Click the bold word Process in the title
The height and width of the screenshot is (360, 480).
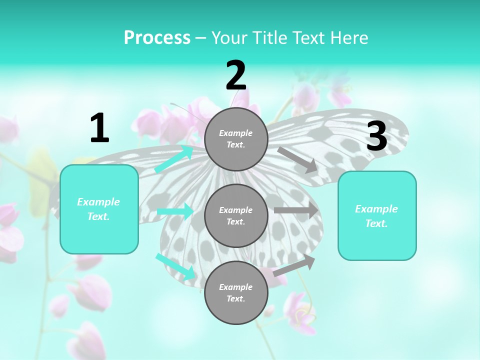pos(157,38)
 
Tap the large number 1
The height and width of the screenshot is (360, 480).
pos(99,128)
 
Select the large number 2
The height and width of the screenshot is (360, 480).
pos(236,76)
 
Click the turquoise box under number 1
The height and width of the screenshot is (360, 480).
pos(99,209)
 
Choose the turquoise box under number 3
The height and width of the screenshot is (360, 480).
pos(377,215)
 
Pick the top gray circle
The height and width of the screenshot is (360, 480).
pos(236,139)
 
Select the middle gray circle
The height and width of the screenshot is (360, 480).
pos(236,215)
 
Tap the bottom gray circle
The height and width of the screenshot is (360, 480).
pos(236,292)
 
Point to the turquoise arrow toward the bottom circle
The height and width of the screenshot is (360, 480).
pos(175,266)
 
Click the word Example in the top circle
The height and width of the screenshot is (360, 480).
pos(236,133)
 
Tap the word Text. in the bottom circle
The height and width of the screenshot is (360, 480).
pos(236,298)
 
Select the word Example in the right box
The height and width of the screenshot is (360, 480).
pos(376,209)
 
